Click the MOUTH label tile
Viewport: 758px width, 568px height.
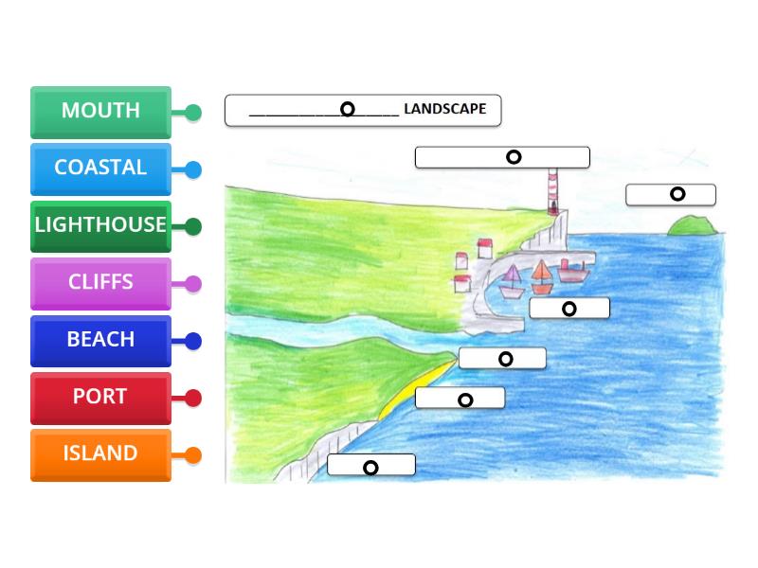pyautogui.click(x=100, y=111)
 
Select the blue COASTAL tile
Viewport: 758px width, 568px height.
pyautogui.click(x=100, y=168)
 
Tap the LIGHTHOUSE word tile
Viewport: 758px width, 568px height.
pyautogui.click(x=100, y=225)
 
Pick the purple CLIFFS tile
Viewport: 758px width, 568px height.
pyautogui.click(x=100, y=282)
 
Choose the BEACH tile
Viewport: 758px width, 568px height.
pyautogui.click(x=100, y=340)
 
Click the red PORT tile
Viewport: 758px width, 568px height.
pyautogui.click(x=100, y=397)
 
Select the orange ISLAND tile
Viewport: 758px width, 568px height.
pyautogui.click(x=100, y=453)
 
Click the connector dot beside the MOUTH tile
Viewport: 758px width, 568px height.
pyautogui.click(x=193, y=114)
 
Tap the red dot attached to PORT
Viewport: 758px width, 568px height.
pyautogui.click(x=193, y=399)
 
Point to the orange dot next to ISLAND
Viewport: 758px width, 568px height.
pyautogui.click(x=193, y=455)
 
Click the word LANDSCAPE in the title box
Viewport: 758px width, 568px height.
pyautogui.click(x=444, y=110)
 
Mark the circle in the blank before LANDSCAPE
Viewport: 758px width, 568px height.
pyautogui.click(x=348, y=110)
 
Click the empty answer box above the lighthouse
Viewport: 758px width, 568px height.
pyautogui.click(x=502, y=157)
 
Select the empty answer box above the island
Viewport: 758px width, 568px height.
pyautogui.click(x=671, y=194)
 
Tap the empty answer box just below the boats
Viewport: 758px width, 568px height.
pyautogui.click(x=569, y=308)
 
